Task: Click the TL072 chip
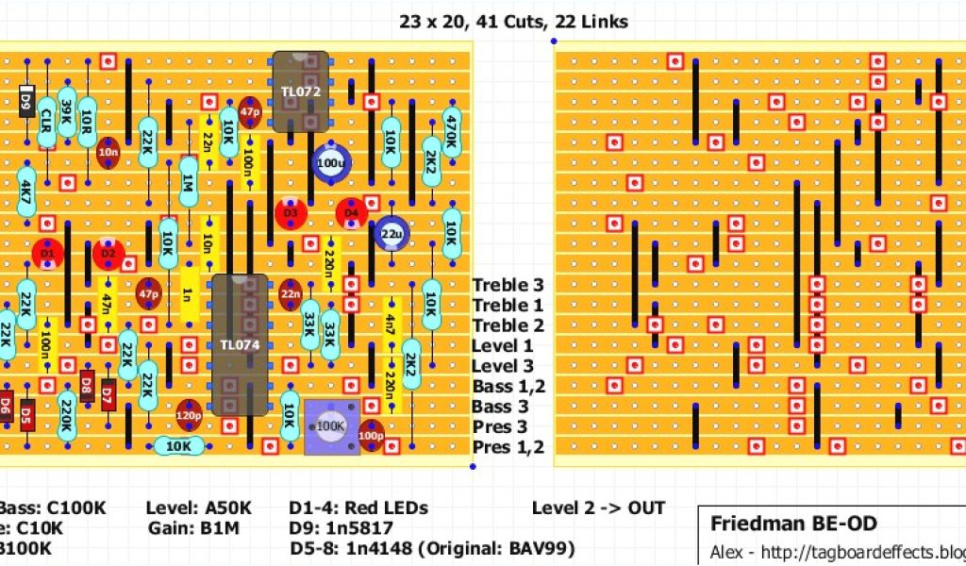pyautogui.click(x=301, y=92)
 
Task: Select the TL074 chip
pyautogui.click(x=239, y=345)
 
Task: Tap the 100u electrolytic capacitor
pyautogui.click(x=330, y=162)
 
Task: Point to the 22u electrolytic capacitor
pyautogui.click(x=391, y=233)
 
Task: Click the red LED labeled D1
pyautogui.click(x=47, y=253)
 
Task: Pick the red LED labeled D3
pyautogui.click(x=291, y=213)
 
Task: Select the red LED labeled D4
pyautogui.click(x=352, y=213)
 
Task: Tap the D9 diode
pyautogui.click(x=25, y=100)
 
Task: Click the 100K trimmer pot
pyautogui.click(x=330, y=426)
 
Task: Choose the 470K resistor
pyautogui.click(x=451, y=123)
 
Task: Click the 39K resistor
pyautogui.click(x=66, y=113)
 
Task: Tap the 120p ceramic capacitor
pyautogui.click(x=189, y=413)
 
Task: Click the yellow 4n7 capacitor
pyautogui.click(x=391, y=325)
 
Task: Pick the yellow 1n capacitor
pyautogui.click(x=188, y=294)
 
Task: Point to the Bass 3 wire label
pyautogui.click(x=501, y=407)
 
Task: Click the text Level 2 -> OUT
pyautogui.click(x=598, y=508)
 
